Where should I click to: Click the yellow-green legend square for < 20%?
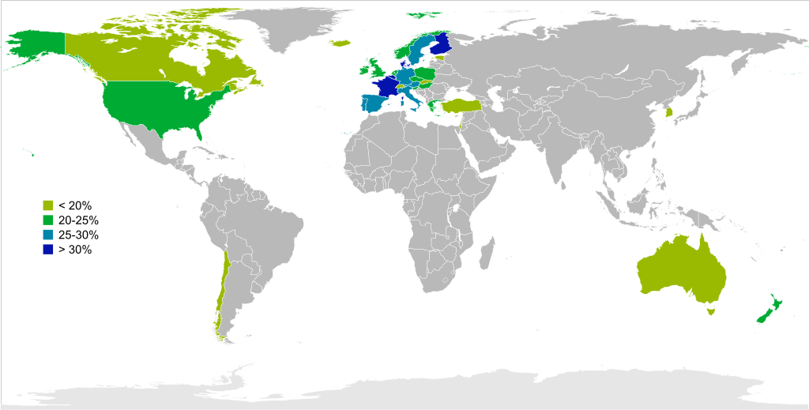(x=48, y=205)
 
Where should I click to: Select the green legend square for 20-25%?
(x=48, y=220)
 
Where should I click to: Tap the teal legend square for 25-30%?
(x=48, y=235)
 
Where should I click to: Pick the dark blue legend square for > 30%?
(x=48, y=250)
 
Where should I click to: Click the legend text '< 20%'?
(x=75, y=205)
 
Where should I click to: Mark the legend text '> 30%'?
(x=75, y=250)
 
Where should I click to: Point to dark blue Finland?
(x=441, y=43)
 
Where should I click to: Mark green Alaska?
(x=36, y=47)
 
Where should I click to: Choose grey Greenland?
(x=292, y=28)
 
